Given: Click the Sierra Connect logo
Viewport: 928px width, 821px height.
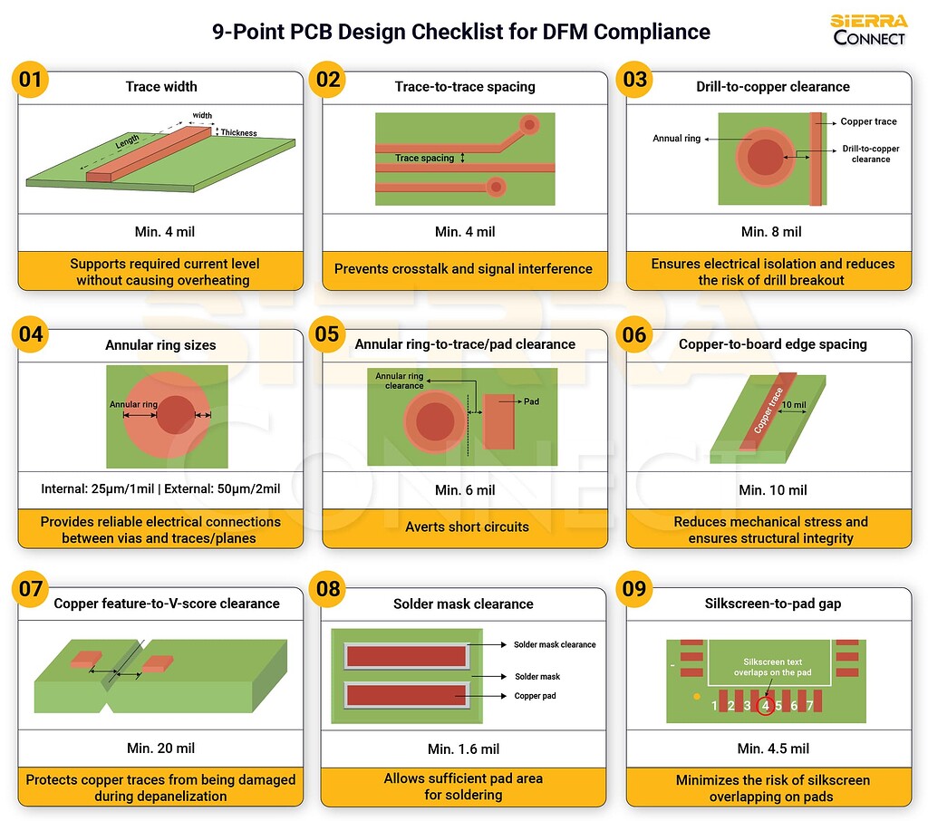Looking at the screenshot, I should click(868, 29).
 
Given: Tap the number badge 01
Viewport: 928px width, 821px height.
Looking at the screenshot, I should click(31, 80).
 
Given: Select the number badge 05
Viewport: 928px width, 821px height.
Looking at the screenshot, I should click(328, 335).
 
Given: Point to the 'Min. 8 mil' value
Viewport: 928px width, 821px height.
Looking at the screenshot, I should click(771, 232).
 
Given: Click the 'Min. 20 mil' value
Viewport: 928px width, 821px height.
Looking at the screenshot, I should click(160, 749).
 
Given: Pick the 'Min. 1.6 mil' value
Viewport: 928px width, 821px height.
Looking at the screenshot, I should click(464, 749).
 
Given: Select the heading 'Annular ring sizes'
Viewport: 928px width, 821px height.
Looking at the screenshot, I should click(160, 345).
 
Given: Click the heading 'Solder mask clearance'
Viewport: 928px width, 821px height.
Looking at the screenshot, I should click(463, 604).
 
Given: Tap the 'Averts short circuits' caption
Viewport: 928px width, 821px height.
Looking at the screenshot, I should click(467, 526).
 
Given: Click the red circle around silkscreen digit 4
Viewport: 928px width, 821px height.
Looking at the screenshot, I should click(765, 705).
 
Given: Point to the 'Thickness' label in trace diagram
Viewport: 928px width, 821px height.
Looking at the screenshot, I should click(239, 133).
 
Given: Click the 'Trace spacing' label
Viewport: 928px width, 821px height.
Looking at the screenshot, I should click(424, 158).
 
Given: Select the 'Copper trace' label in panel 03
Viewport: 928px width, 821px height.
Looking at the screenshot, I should click(868, 121).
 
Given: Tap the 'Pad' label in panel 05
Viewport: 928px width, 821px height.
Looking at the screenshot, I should click(532, 401).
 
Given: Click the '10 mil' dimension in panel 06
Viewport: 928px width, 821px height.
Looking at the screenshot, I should click(793, 404).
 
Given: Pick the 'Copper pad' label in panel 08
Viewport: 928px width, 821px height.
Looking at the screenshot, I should click(534, 696).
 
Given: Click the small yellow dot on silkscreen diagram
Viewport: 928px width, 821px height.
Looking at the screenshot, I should click(695, 697).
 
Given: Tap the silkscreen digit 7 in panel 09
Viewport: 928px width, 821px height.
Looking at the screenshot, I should click(809, 705).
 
